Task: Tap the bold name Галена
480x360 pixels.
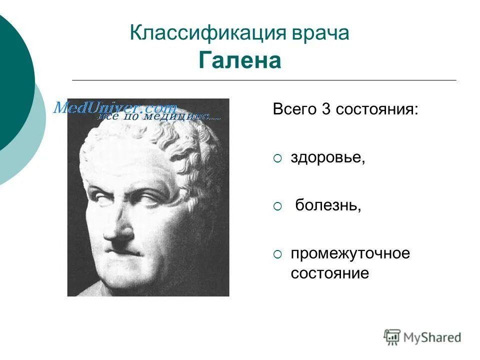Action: click(x=240, y=61)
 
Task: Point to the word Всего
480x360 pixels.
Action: click(x=295, y=109)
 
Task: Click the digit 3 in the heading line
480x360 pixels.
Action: click(x=326, y=109)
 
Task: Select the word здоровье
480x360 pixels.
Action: click(x=328, y=157)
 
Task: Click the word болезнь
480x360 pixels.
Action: click(x=328, y=205)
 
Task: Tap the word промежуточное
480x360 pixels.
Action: click(x=350, y=253)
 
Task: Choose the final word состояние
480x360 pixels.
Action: click(x=330, y=273)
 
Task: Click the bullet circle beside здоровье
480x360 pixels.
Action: click(x=277, y=158)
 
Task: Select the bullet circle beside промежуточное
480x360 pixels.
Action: click(x=277, y=254)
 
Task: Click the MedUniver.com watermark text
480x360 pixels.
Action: click(x=115, y=107)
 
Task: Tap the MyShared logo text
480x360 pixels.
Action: click(x=432, y=337)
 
